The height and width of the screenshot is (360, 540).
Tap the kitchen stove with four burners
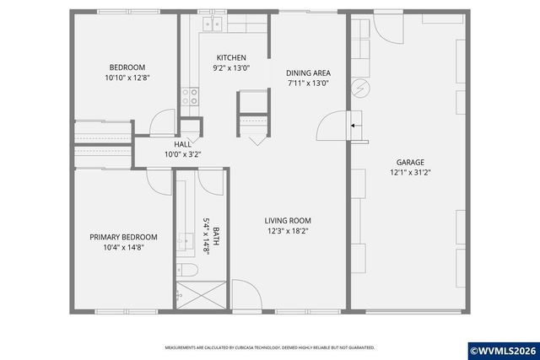click(x=192, y=96)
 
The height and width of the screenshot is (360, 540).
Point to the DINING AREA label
click(x=307, y=73)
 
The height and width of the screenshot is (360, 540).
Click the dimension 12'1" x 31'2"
click(x=411, y=172)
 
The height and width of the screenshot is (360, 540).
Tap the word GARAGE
click(x=411, y=162)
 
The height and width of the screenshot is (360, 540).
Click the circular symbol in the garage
click(x=359, y=87)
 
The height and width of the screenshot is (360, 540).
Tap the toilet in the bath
click(x=190, y=270)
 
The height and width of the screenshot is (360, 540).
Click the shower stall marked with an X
click(x=200, y=297)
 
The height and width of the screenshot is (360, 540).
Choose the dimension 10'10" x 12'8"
click(x=127, y=78)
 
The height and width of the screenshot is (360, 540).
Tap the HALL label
click(x=182, y=145)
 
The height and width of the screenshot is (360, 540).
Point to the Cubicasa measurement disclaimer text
click(x=269, y=347)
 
